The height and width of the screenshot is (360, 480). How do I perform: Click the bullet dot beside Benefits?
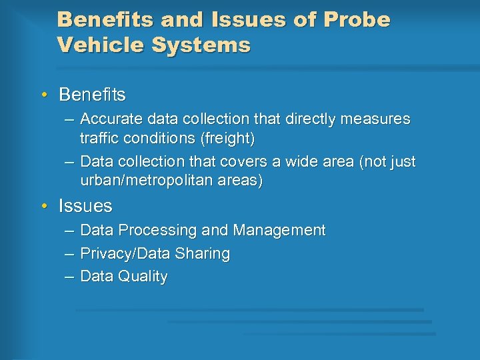(44, 95)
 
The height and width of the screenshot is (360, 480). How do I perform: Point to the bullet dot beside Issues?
(44, 206)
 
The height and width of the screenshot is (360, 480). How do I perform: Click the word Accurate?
(107, 119)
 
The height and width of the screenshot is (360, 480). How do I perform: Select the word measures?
(377, 119)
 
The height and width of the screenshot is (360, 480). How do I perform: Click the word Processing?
(157, 231)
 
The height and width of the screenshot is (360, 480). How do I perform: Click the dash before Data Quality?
(70, 277)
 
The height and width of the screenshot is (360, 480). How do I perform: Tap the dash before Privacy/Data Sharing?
(70, 254)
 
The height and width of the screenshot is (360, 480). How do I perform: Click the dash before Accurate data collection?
(70, 119)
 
